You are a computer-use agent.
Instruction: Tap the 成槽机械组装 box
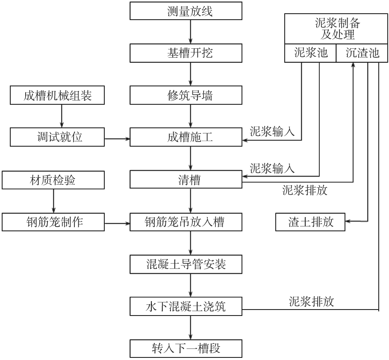57,96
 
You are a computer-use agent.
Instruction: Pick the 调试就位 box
57,138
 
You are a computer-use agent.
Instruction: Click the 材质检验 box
53,180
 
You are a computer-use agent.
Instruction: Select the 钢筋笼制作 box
53,222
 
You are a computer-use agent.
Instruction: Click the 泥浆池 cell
311,53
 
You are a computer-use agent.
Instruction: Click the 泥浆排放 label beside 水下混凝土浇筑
311,301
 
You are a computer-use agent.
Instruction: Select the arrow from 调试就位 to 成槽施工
117,139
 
